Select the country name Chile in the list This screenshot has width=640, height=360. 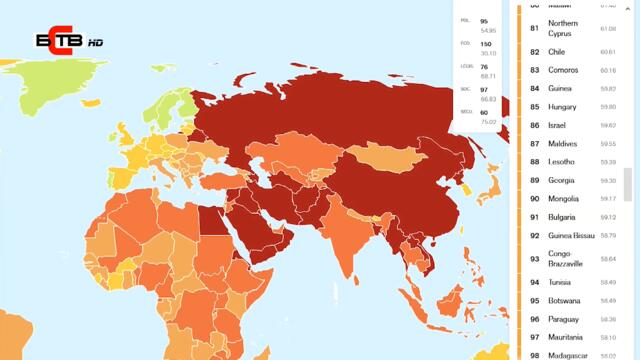[558, 52]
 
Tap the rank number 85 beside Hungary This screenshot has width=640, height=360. [535, 107]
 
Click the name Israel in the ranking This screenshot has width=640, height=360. [558, 125]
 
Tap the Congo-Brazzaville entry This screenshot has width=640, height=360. [566, 259]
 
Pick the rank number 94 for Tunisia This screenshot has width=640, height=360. [535, 282]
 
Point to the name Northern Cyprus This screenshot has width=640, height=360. [564, 28]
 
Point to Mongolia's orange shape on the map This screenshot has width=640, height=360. [385, 155]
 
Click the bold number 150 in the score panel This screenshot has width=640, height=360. [485, 44]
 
